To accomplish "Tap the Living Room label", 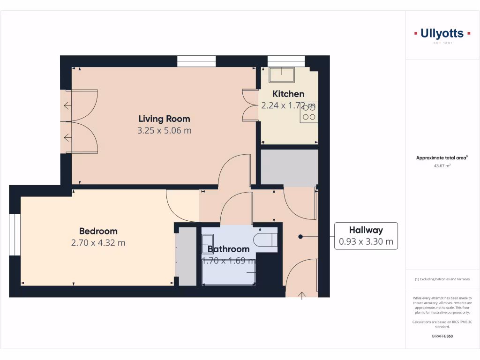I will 164,119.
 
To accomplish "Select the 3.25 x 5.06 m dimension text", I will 164,131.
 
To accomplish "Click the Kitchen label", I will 288,94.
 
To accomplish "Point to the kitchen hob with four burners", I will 309,112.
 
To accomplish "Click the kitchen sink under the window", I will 281,75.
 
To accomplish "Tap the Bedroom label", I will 98,231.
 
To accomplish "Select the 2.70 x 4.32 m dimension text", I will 98,243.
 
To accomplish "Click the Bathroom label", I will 228,249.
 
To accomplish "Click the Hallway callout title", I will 366,230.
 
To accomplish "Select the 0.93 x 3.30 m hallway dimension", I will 366,242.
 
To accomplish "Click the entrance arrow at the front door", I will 301,295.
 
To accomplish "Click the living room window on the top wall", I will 196,61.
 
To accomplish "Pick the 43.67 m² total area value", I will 442,165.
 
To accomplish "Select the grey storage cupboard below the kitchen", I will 289,167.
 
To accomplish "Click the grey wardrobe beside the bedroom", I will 187,256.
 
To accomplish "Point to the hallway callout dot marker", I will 301,237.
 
